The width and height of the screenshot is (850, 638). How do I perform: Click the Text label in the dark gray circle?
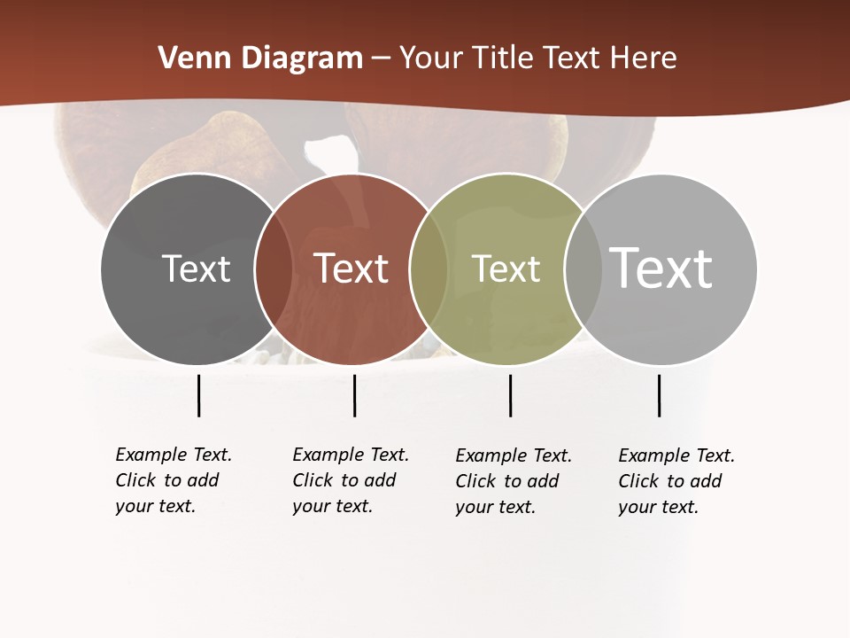tap(196, 268)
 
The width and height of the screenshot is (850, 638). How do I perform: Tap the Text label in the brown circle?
tap(351, 268)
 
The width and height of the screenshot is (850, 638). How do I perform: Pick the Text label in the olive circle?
tap(506, 268)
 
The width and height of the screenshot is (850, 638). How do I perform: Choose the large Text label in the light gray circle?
tap(661, 267)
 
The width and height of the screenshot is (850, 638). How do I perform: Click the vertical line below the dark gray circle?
tap(198, 395)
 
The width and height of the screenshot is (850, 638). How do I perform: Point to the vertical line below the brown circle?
tap(354, 395)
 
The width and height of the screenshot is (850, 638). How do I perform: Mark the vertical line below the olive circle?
tap(510, 395)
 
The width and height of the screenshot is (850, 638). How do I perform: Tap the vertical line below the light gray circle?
tap(659, 395)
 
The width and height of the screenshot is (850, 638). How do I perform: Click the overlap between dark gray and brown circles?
tap(274, 268)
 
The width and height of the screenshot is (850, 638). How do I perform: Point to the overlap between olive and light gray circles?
tap(583, 268)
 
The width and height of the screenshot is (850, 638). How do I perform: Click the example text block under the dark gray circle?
tap(174, 480)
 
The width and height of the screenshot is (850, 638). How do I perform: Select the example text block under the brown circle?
tap(351, 480)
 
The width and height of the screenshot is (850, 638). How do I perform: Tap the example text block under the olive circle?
tap(514, 481)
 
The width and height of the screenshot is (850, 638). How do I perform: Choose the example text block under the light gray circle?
tap(676, 481)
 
